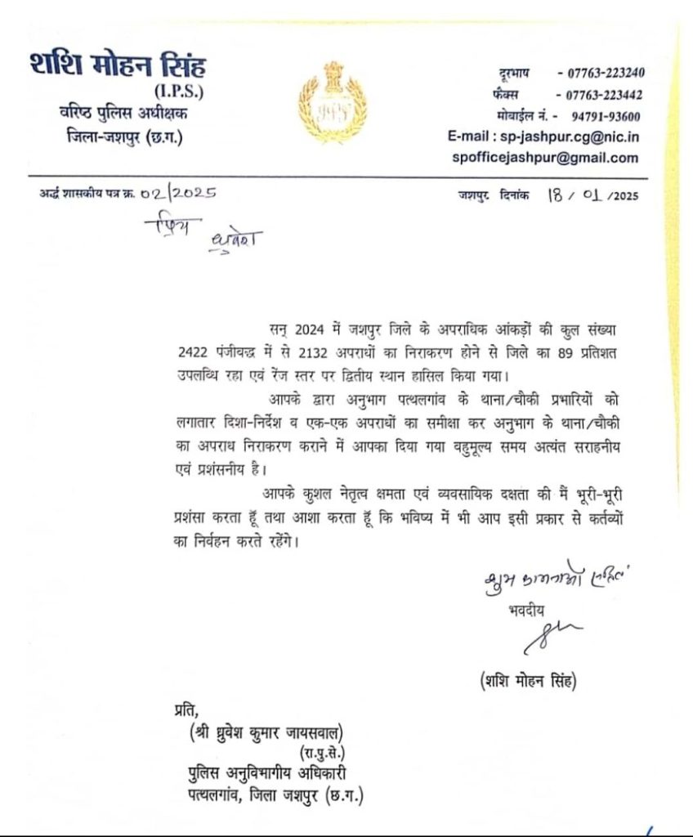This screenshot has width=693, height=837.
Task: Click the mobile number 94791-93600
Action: (x=606, y=116)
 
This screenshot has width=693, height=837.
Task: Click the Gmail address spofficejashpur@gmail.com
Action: (x=544, y=159)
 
